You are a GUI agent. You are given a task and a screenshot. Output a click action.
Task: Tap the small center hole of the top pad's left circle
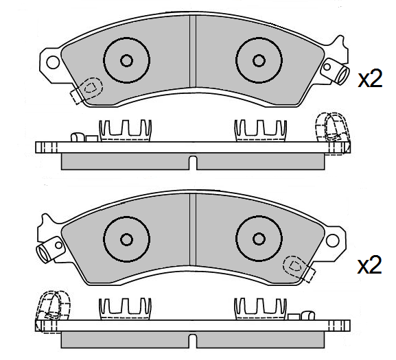(x=126, y=60)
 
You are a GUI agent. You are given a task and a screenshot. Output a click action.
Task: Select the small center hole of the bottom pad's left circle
(x=126, y=239)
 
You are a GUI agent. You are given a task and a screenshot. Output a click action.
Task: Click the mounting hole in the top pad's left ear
(x=51, y=62)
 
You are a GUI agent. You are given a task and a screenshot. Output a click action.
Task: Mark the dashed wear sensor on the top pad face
(x=88, y=89)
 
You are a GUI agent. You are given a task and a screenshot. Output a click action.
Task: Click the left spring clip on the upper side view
(x=126, y=129)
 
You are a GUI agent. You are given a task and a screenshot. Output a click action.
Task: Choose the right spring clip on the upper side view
(x=259, y=129)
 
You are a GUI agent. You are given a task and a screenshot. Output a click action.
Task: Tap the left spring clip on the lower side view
(x=126, y=307)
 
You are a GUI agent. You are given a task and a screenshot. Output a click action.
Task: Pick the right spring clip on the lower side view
(x=259, y=307)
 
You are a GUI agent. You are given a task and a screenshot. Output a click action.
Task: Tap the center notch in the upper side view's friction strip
(x=193, y=162)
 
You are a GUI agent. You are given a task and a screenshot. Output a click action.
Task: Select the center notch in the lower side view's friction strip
(x=193, y=340)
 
